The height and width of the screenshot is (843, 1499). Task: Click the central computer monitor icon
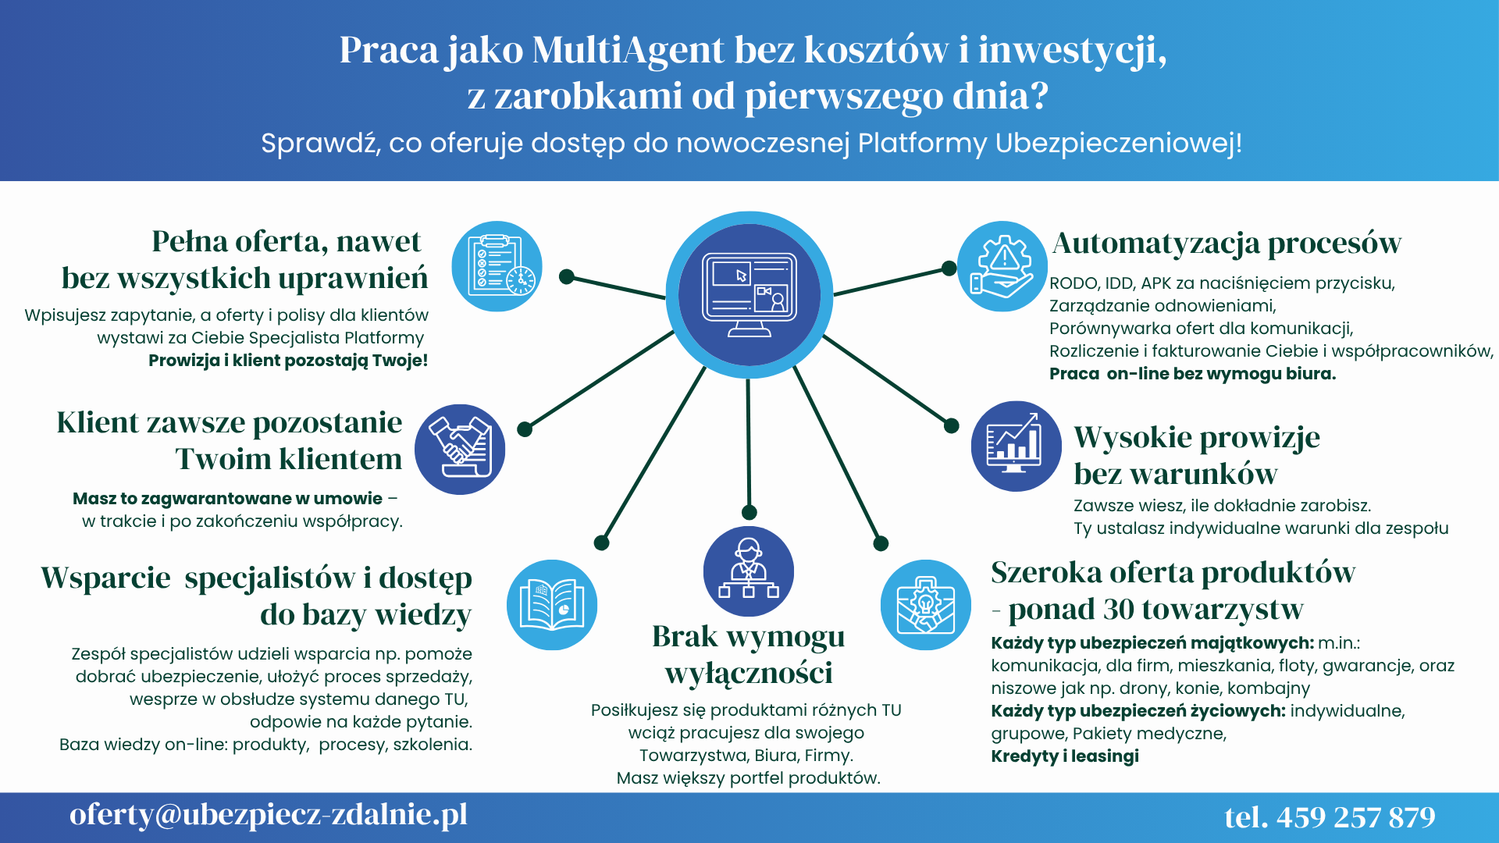click(x=749, y=295)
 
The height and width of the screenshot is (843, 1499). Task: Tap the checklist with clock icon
click(x=497, y=266)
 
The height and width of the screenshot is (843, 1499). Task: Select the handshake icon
click(x=460, y=449)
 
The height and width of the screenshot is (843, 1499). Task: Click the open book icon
click(x=552, y=605)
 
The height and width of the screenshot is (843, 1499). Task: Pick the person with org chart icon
click(x=749, y=571)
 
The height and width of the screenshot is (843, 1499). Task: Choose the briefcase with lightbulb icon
click(x=926, y=605)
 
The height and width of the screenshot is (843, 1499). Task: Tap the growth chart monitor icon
click(x=1017, y=446)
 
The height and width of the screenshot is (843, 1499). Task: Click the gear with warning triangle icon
click(x=1002, y=266)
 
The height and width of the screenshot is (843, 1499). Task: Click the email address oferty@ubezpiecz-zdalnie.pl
click(x=269, y=815)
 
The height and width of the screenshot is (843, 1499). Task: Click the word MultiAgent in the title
click(x=628, y=50)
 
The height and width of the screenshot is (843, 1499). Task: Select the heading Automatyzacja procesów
click(x=1227, y=244)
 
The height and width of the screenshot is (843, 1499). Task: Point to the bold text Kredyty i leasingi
click(x=1065, y=756)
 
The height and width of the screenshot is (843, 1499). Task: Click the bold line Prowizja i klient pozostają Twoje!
click(x=288, y=360)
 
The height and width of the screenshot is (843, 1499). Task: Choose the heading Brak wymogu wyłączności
click(x=749, y=654)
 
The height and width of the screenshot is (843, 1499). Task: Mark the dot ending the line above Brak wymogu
click(x=749, y=512)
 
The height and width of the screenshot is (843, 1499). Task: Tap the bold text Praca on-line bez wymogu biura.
click(x=1192, y=374)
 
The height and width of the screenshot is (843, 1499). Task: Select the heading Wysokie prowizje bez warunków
click(x=1197, y=455)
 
